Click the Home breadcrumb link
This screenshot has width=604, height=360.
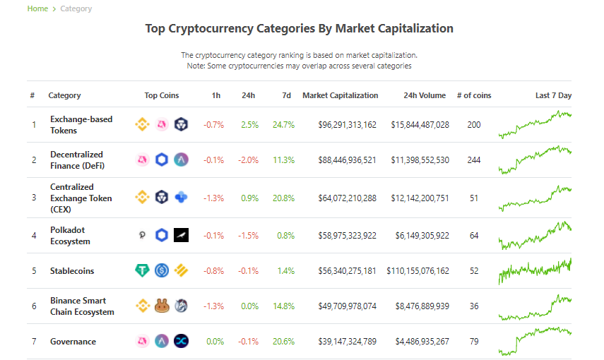pyautogui.click(x=37, y=8)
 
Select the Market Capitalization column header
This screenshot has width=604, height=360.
pyautogui.click(x=340, y=95)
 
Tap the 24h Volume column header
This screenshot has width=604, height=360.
pyautogui.click(x=425, y=95)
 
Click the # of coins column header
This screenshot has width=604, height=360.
pyautogui.click(x=474, y=95)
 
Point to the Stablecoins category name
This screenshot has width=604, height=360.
pyautogui.click(x=72, y=270)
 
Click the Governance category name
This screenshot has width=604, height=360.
pyautogui.click(x=73, y=341)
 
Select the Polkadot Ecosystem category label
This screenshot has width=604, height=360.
pyautogui.click(x=70, y=235)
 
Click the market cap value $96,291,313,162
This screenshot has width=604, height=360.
pyautogui.click(x=347, y=125)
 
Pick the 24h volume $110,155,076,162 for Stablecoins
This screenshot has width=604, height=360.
pyautogui.click(x=418, y=270)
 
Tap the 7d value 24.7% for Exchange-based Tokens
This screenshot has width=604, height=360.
pyautogui.click(x=283, y=125)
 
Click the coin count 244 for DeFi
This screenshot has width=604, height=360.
pyautogui.click(x=474, y=160)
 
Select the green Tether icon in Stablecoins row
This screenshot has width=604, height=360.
pyautogui.click(x=142, y=270)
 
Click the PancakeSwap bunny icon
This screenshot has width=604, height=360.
pyautogui.click(x=162, y=306)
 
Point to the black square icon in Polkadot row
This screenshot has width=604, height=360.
pyautogui.click(x=181, y=235)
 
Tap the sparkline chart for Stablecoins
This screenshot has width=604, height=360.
pyautogui.click(x=535, y=270)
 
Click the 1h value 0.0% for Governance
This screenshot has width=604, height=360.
pyautogui.click(x=215, y=341)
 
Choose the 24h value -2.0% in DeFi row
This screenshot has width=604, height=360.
pyautogui.click(x=248, y=160)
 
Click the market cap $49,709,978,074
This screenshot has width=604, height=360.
pyautogui.click(x=347, y=306)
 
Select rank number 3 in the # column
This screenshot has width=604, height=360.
pyautogui.click(x=34, y=198)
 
